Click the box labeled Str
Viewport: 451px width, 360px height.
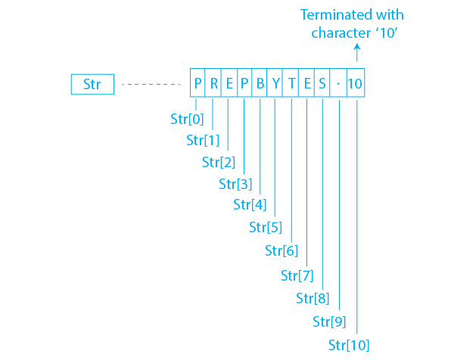[x=92, y=84]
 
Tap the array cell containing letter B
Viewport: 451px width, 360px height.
[x=259, y=82]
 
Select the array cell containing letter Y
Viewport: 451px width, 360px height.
[x=275, y=82]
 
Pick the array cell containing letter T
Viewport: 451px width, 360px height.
[x=291, y=82]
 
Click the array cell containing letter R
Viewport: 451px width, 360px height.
[x=213, y=82]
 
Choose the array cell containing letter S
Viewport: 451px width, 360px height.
[x=322, y=82]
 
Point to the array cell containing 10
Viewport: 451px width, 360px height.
[x=356, y=82]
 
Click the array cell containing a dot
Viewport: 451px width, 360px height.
[x=338, y=82]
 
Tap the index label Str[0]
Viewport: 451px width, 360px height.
[x=187, y=119]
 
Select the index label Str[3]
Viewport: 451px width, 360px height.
[x=235, y=184]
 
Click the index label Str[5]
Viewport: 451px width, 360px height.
[x=266, y=227]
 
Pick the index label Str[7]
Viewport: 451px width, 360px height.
[x=297, y=275]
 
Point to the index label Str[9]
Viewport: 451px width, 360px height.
[x=329, y=321]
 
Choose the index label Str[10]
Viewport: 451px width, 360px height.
[x=349, y=345]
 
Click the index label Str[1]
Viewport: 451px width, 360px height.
[x=203, y=141]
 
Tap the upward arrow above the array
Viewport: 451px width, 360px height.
[x=357, y=52]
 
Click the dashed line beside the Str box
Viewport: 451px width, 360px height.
[x=151, y=84]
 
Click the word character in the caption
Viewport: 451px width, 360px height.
[x=341, y=33]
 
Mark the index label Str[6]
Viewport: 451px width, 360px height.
[x=281, y=251]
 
